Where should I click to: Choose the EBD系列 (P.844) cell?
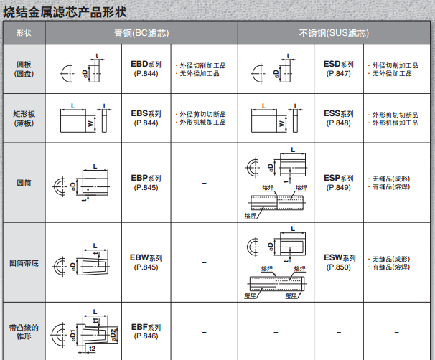pyautogui.click(x=146, y=69)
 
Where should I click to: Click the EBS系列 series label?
pyautogui.click(x=146, y=114)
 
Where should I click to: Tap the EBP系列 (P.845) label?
pyautogui.click(x=146, y=183)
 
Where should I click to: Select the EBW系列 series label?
pyautogui.click(x=146, y=257)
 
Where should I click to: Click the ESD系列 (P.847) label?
pyautogui.click(x=338, y=69)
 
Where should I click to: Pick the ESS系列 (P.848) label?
pyautogui.click(x=338, y=118)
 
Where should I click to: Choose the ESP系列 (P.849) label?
pyautogui.click(x=338, y=183)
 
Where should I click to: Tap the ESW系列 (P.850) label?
pyautogui.click(x=338, y=262)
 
